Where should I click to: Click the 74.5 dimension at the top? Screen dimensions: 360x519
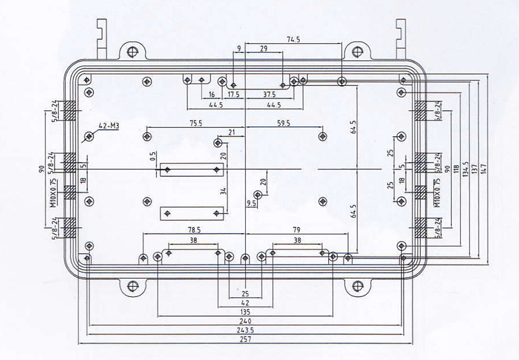(294, 39)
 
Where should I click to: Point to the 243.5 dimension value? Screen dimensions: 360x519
(246, 330)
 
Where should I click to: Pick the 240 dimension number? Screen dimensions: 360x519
(246, 320)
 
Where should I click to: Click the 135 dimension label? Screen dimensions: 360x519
(246, 312)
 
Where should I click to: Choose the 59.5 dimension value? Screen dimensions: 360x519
(284, 123)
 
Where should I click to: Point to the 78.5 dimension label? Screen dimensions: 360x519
(194, 229)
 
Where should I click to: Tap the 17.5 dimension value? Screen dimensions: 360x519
(234, 94)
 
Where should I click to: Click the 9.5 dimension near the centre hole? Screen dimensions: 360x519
(251, 203)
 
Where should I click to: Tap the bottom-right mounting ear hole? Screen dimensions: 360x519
(358, 285)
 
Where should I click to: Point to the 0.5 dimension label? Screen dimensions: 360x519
(153, 157)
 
